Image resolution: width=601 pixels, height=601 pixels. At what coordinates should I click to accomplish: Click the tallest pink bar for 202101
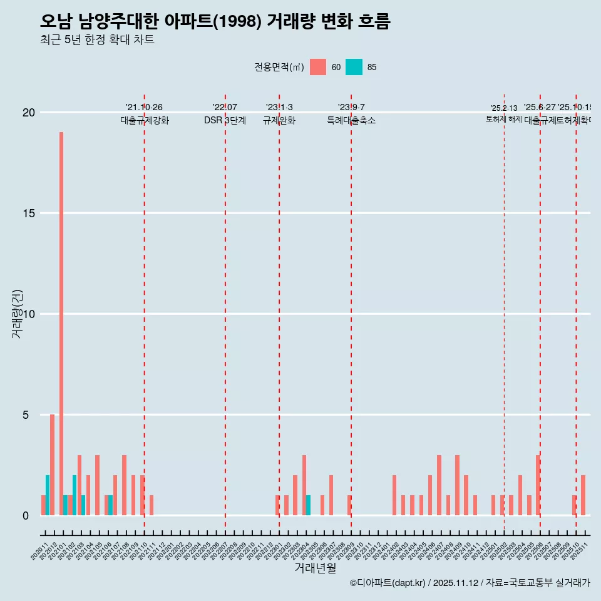pyautogui.click(x=61, y=324)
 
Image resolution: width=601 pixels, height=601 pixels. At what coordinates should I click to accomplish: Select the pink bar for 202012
pyautogui.click(x=52, y=465)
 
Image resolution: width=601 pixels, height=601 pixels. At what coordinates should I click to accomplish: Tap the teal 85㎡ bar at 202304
pyautogui.click(x=308, y=505)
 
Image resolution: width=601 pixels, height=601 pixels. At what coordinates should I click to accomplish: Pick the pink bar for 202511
pyautogui.click(x=583, y=495)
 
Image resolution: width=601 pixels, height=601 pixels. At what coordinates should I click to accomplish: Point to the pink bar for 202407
pyautogui.click(x=439, y=485)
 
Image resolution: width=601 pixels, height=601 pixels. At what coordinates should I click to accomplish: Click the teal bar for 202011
pyautogui.click(x=48, y=495)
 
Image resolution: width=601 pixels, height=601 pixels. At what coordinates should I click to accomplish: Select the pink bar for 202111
pyautogui.click(x=152, y=505)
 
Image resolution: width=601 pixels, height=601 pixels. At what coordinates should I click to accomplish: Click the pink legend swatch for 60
pyautogui.click(x=318, y=67)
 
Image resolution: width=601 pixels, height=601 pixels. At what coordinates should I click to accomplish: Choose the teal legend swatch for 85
pyautogui.click(x=354, y=67)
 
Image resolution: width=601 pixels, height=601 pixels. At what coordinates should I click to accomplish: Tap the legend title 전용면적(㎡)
pyautogui.click(x=279, y=67)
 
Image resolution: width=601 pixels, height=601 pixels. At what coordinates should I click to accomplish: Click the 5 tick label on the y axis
pyautogui.click(x=26, y=415)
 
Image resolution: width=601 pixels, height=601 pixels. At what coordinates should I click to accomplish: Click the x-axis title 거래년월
pyautogui.click(x=316, y=568)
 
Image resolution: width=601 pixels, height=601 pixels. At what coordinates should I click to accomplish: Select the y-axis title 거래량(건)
pyautogui.click(x=18, y=314)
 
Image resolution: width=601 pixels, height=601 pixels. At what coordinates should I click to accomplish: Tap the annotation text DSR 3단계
pyautogui.click(x=225, y=120)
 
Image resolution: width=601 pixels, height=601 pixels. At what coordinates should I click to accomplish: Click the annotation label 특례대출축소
pyautogui.click(x=351, y=120)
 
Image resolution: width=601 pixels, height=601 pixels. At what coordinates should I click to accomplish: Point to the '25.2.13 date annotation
pyautogui.click(x=504, y=108)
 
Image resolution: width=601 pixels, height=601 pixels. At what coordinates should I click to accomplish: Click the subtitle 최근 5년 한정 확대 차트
pyautogui.click(x=97, y=40)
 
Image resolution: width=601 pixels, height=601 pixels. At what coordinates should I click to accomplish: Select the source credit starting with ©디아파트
pyautogui.click(x=470, y=583)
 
